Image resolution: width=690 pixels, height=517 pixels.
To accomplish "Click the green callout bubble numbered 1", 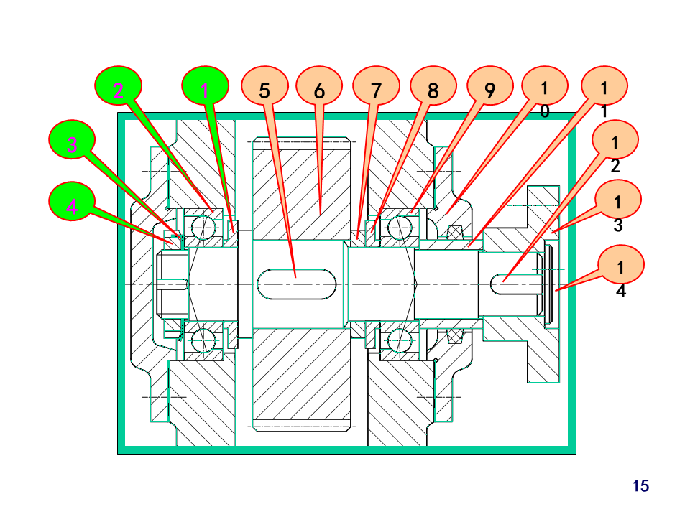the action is point(205,85).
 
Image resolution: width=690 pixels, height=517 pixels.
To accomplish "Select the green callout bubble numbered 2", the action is point(119,85).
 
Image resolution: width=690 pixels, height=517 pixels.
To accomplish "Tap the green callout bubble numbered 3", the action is point(72,140).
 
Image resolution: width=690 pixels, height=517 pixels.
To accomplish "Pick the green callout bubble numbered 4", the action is point(72,201).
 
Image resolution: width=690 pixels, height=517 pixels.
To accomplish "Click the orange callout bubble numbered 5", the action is point(264,85).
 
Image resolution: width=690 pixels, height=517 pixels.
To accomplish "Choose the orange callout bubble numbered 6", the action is point(319,85).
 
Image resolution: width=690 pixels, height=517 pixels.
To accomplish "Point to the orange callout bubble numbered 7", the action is point(376,85).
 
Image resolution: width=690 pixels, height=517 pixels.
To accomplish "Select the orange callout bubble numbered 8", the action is point(433,85).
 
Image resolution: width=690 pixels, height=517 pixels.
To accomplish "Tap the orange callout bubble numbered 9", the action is point(489,85).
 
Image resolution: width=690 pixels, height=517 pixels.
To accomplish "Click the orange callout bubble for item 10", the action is point(545,85).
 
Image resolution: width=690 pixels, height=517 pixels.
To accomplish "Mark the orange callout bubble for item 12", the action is point(615,140).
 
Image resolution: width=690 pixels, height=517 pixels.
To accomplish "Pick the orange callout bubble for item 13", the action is point(618,199).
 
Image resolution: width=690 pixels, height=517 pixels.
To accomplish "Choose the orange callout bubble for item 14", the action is point(621,265).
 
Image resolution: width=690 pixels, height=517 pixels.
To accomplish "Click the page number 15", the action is point(640,486).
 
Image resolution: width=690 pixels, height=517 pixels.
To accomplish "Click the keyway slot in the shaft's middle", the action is point(297,284).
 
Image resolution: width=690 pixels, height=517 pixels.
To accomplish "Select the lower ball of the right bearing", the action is point(400,340).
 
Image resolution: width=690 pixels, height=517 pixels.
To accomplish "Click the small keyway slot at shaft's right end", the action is point(515,284).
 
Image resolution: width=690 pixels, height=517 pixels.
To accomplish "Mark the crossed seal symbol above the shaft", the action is point(455,232).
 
